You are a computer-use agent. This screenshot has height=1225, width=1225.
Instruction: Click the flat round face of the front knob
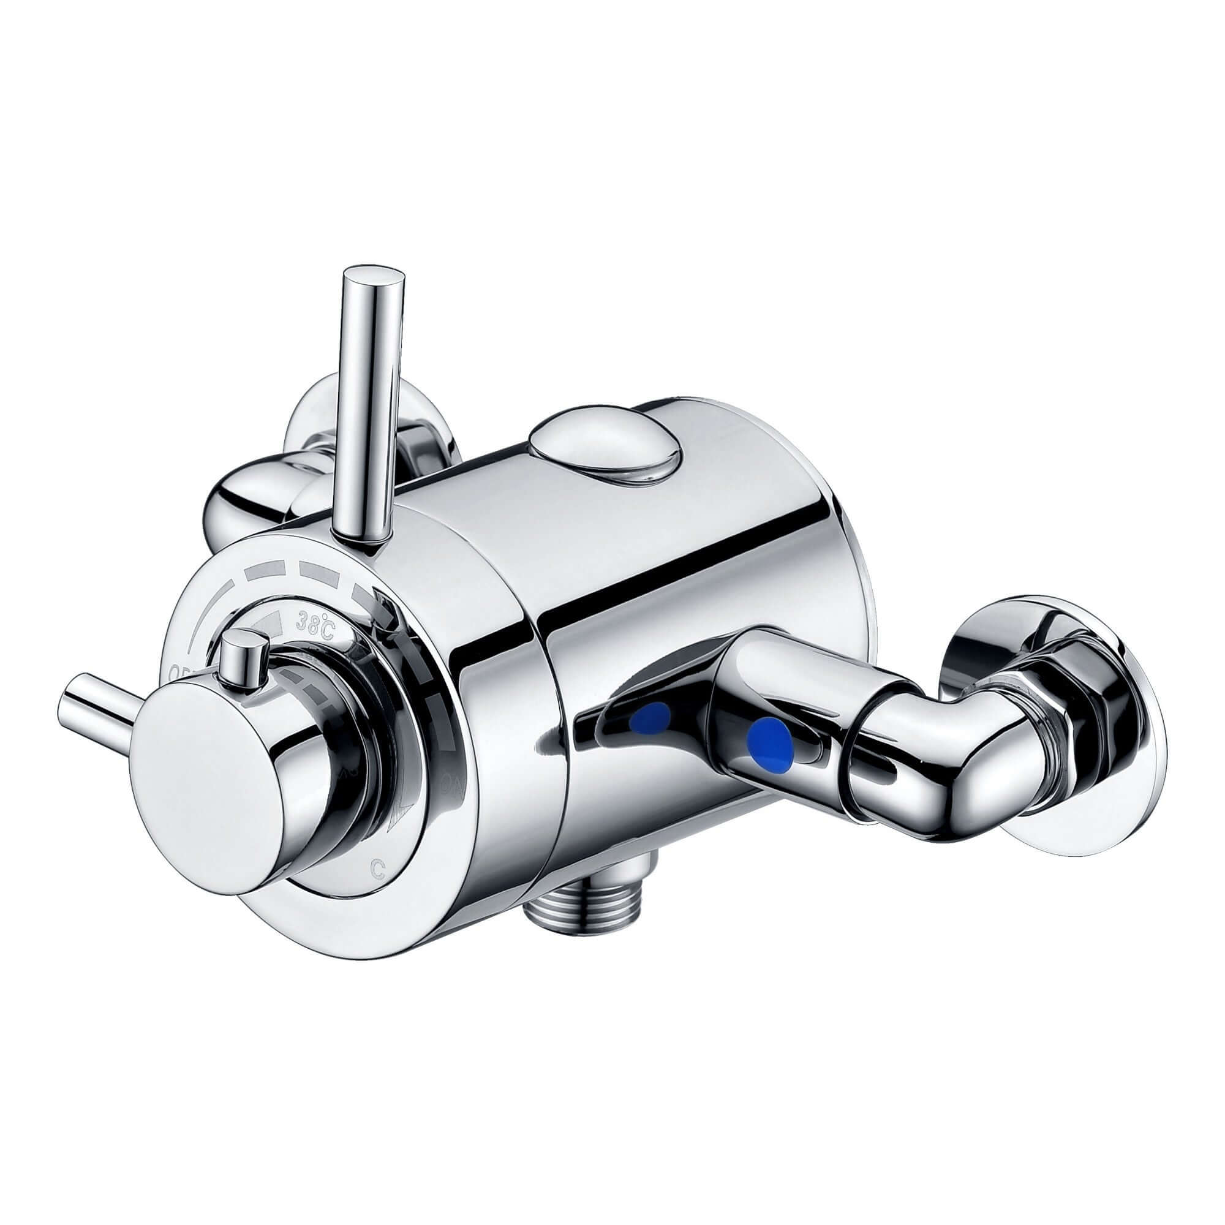tap(197, 817)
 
